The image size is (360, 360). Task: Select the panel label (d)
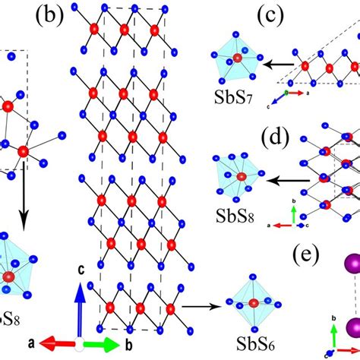point(276,140)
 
